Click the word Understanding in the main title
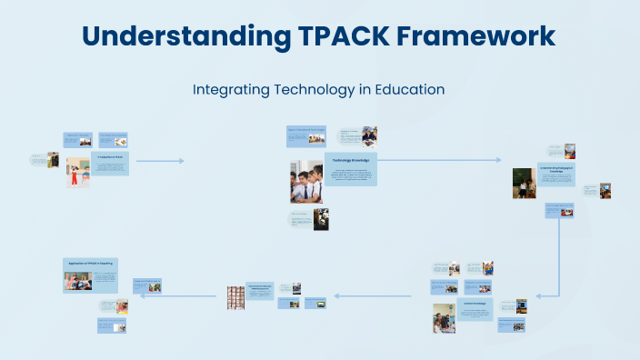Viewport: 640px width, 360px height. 182,35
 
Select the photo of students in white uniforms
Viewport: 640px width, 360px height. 306,181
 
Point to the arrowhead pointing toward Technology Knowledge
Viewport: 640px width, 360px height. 181,161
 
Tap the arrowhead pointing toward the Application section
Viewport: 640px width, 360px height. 142,295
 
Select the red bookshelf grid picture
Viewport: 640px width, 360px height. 235,297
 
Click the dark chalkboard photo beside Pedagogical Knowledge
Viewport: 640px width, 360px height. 523,183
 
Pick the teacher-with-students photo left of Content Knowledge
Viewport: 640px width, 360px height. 444,317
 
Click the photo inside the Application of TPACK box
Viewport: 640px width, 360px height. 77,281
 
